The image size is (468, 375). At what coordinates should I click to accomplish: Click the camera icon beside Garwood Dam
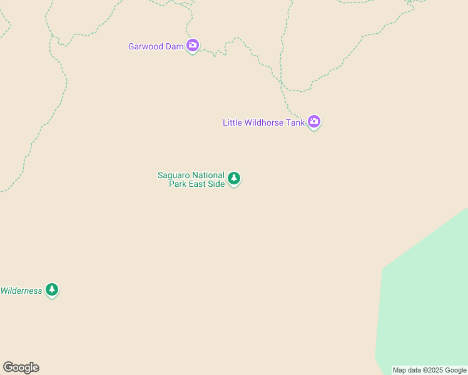click(x=193, y=46)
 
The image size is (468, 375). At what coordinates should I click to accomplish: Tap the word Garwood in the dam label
click(x=146, y=47)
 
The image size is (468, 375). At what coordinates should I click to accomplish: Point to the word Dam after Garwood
click(x=175, y=47)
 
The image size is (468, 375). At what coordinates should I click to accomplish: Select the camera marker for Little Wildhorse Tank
click(x=314, y=122)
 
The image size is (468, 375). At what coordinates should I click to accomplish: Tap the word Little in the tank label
click(x=233, y=122)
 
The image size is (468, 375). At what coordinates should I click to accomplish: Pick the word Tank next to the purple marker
click(x=296, y=122)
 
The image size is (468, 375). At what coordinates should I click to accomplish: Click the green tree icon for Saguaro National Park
click(x=234, y=179)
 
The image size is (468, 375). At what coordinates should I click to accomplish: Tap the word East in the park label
click(x=198, y=184)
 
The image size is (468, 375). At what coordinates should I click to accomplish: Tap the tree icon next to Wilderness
click(x=52, y=290)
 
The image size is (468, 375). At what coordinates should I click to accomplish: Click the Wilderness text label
click(x=21, y=291)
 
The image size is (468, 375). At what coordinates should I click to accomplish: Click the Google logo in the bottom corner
click(x=21, y=367)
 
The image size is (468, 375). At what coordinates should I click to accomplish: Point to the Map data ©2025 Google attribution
click(x=430, y=371)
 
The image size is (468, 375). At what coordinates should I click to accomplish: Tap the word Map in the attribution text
click(x=399, y=371)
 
